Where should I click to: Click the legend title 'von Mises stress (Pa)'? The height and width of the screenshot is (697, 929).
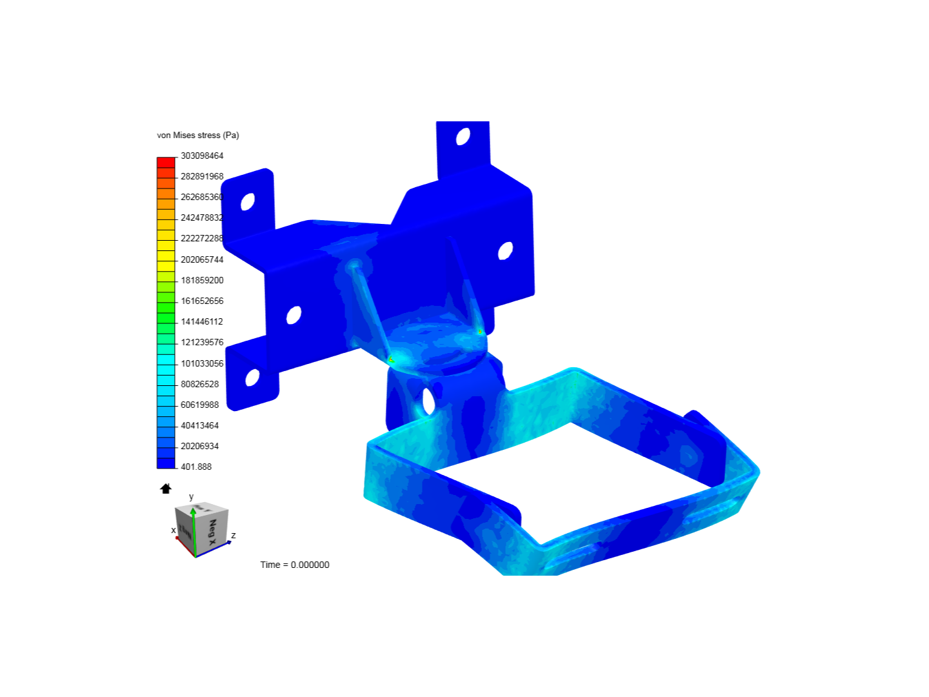pyautogui.click(x=198, y=136)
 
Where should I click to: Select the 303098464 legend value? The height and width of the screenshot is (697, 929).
pyautogui.click(x=202, y=156)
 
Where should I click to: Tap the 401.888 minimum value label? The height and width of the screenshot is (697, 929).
pyautogui.click(x=196, y=467)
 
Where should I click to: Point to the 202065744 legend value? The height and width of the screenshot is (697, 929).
pyautogui.click(x=202, y=259)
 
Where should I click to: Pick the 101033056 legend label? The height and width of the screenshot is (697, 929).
pyautogui.click(x=202, y=363)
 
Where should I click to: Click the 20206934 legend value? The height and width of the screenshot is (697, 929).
pyautogui.click(x=199, y=446)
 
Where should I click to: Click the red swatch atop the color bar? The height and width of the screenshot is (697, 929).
pyautogui.click(x=166, y=162)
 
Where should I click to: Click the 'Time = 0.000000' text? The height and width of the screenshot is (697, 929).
pyautogui.click(x=295, y=565)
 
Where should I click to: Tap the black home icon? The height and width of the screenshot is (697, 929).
pyautogui.click(x=166, y=489)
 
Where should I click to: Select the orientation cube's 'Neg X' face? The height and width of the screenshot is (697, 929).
pyautogui.click(x=212, y=530)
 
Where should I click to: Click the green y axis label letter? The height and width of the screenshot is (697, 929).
pyautogui.click(x=191, y=496)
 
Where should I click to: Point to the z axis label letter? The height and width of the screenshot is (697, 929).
pyautogui.click(x=234, y=535)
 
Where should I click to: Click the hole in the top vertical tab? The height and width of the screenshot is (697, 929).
pyautogui.click(x=463, y=136)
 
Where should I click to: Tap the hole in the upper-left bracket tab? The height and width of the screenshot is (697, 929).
pyautogui.click(x=248, y=201)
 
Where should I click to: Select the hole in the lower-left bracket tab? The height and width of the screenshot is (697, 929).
pyautogui.click(x=252, y=377)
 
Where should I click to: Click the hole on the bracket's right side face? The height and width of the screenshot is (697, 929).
pyautogui.click(x=506, y=250)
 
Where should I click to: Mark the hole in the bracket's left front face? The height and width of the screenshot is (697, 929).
pyautogui.click(x=294, y=316)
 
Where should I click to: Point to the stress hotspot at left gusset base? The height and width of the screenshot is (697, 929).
pyautogui.click(x=391, y=359)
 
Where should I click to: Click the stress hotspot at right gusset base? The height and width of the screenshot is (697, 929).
pyautogui.click(x=480, y=331)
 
